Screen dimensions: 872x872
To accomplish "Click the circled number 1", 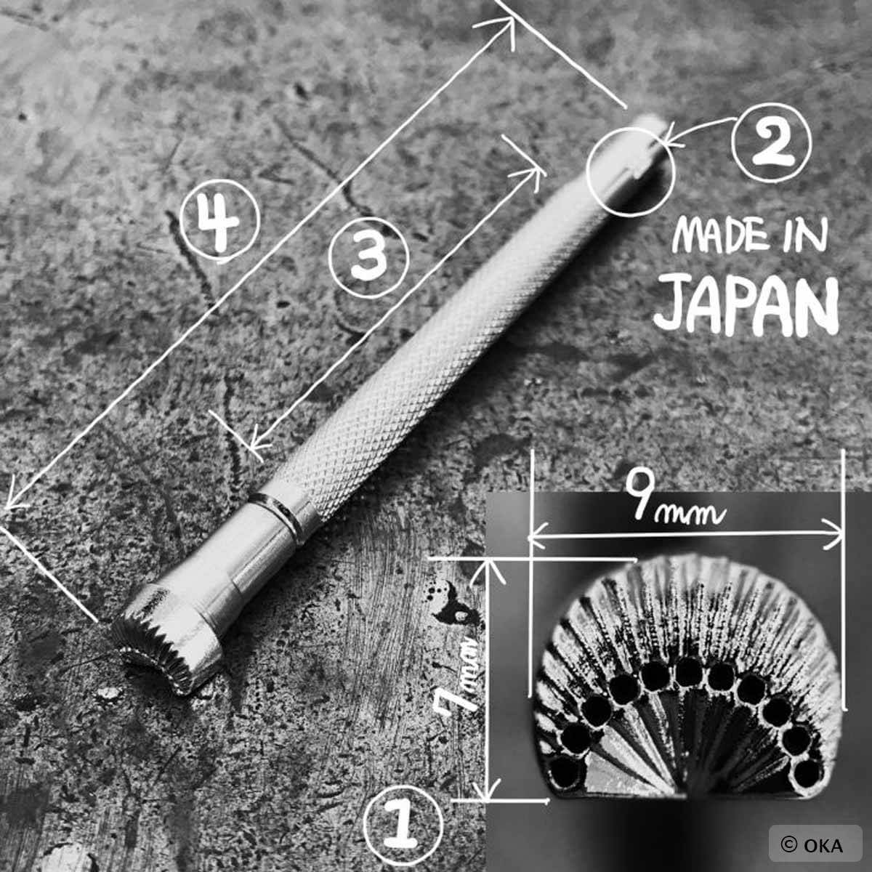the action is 403,822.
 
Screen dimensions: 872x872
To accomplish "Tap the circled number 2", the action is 771,143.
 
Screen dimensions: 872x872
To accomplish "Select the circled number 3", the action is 369,257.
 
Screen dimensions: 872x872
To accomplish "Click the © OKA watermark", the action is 815,845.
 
